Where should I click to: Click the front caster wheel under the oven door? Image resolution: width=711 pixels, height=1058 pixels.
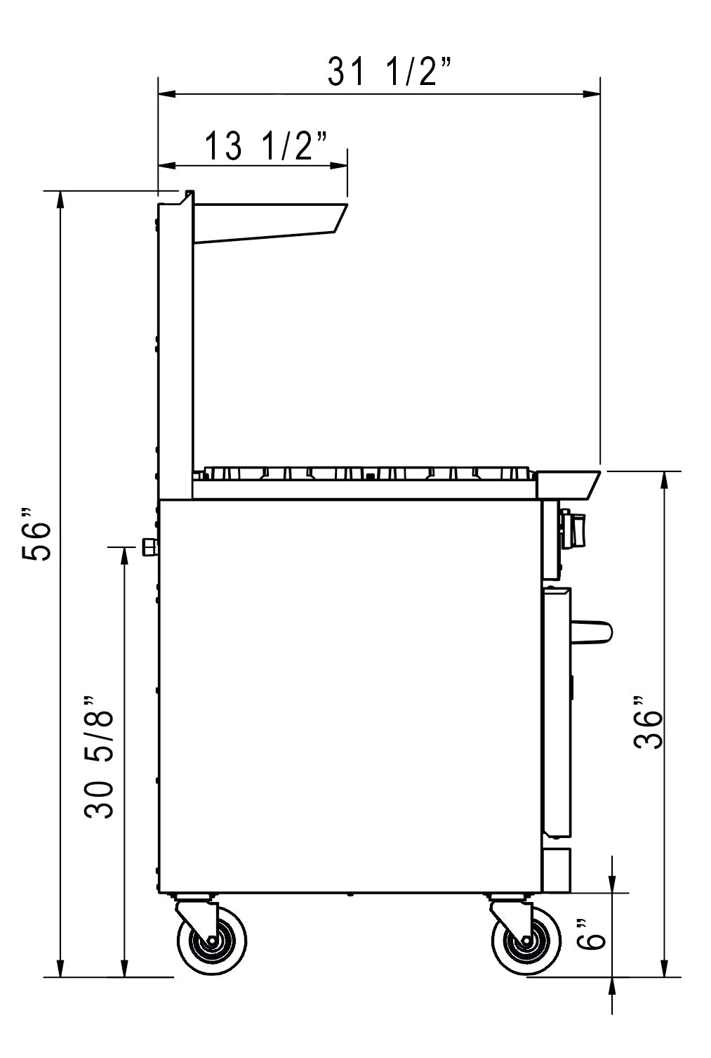click(526, 945)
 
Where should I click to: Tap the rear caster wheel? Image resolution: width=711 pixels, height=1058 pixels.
click(211, 945)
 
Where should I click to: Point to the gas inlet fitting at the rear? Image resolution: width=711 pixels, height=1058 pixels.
click(149, 547)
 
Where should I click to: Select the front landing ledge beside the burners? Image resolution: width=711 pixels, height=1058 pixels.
click(567, 483)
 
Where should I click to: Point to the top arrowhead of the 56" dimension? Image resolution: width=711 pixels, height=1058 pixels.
click(60, 199)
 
